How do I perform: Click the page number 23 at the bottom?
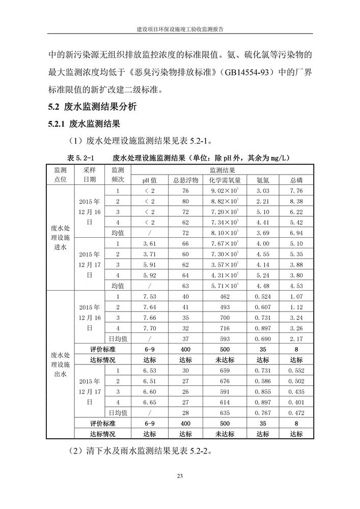(x=180, y=476)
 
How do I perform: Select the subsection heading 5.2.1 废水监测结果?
(x=84, y=124)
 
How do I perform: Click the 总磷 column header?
(x=296, y=180)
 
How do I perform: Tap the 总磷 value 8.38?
(x=296, y=202)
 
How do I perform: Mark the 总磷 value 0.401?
(x=296, y=402)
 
